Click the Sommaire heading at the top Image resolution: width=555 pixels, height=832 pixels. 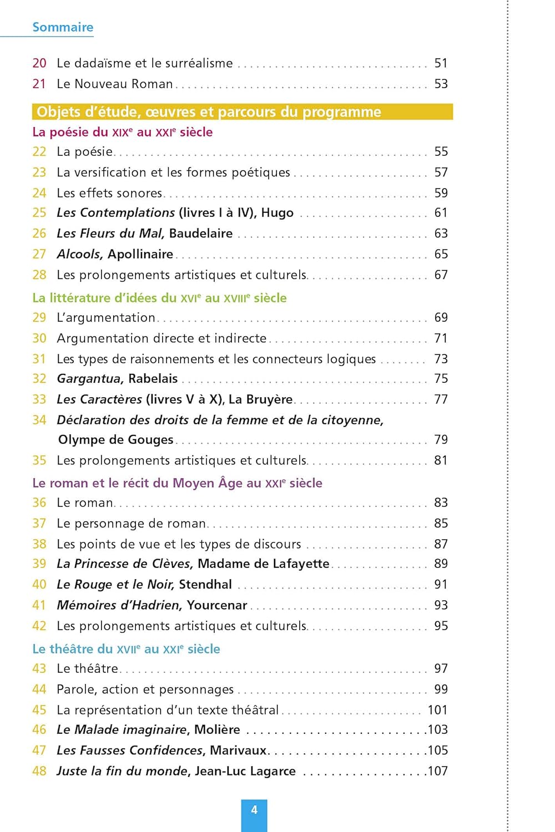(63, 27)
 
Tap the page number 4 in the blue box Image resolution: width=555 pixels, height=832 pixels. (254, 810)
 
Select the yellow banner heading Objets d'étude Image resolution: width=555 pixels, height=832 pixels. (209, 112)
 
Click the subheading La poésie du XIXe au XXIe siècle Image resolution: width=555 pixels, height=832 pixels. (123, 132)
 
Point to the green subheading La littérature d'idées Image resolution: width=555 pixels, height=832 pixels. (159, 298)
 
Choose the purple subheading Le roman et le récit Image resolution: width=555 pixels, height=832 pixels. (177, 483)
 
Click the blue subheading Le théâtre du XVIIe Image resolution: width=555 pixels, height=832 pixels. (126, 649)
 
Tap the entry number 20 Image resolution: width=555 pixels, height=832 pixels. (39, 63)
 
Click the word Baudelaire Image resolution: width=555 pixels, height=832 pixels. (201, 234)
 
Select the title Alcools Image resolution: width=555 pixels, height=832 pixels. (79, 254)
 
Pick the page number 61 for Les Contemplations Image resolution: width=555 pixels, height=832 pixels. (441, 213)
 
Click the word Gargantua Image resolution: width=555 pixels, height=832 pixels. (90, 379)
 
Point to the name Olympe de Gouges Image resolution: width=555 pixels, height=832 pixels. (116, 440)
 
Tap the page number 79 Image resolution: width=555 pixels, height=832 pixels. (441, 440)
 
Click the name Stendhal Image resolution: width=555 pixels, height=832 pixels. (205, 585)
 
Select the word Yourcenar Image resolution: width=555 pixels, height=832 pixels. (216, 605)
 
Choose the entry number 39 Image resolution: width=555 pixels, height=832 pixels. (39, 564)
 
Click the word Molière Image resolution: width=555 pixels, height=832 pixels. (217, 729)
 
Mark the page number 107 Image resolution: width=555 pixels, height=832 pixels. (437, 771)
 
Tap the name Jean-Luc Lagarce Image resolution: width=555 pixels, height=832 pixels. (245, 771)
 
